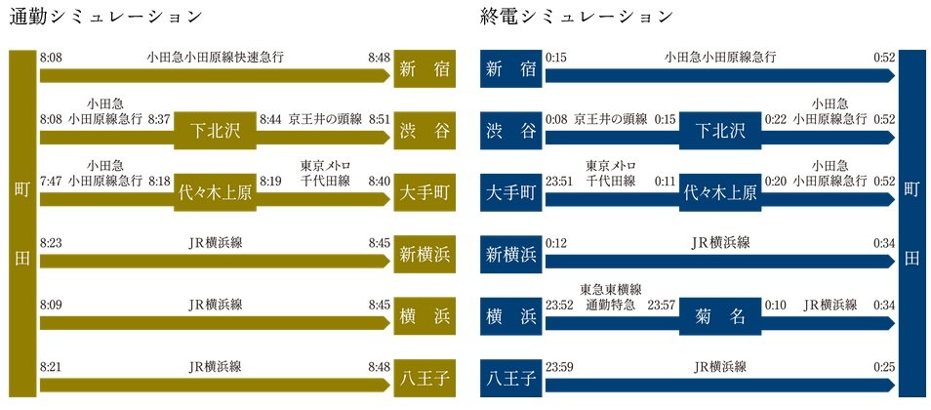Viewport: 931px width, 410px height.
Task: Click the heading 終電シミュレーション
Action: (x=577, y=18)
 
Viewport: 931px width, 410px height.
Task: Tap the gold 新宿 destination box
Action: (x=425, y=70)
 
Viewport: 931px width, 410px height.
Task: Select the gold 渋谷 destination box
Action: (x=425, y=131)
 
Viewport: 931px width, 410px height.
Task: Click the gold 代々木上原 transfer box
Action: (x=215, y=192)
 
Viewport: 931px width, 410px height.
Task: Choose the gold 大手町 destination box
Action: (x=425, y=192)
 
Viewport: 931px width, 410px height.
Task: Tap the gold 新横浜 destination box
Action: (x=425, y=255)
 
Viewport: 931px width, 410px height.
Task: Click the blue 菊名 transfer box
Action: (x=720, y=316)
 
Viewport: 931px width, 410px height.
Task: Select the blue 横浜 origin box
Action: (x=511, y=316)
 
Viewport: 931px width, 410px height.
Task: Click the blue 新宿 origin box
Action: (x=511, y=70)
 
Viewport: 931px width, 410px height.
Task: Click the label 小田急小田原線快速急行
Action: (x=215, y=58)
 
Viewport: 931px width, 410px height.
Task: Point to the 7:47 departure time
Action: (x=51, y=181)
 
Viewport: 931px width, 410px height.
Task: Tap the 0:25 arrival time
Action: (x=884, y=366)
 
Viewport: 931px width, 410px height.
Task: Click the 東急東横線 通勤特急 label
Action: (x=610, y=297)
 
